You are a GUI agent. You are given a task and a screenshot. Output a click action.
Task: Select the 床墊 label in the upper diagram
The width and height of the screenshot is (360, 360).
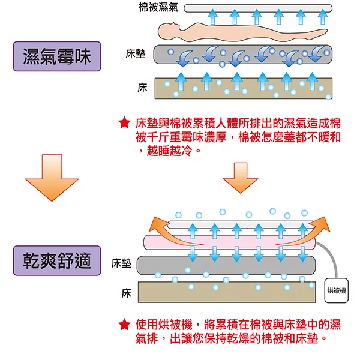click(x=136, y=54)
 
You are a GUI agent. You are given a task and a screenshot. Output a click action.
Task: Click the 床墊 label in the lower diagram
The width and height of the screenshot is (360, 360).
click(x=121, y=263)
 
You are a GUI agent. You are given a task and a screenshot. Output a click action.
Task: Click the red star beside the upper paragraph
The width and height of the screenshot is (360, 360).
click(x=124, y=124)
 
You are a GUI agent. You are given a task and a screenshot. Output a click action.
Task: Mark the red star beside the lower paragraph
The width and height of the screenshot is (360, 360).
click(x=124, y=325)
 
